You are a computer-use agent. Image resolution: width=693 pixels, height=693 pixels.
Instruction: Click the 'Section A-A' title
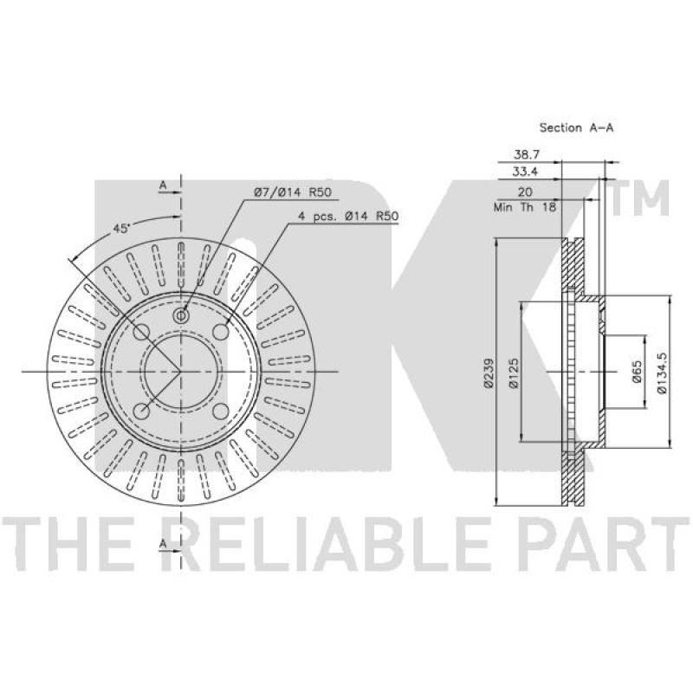click(x=576, y=127)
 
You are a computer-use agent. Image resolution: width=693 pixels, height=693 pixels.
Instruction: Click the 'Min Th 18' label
click(x=523, y=207)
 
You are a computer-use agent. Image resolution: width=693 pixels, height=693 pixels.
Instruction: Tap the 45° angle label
click(x=121, y=228)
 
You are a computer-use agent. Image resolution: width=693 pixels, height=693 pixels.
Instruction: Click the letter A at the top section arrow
click(x=162, y=185)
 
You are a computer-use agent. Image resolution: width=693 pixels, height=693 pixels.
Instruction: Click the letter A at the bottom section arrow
click(x=162, y=543)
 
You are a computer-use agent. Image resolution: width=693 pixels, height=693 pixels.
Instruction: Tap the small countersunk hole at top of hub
click(x=181, y=316)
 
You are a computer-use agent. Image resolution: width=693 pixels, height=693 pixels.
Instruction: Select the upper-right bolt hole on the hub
click(x=220, y=333)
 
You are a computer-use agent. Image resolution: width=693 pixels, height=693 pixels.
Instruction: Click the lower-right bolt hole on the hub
click(x=220, y=411)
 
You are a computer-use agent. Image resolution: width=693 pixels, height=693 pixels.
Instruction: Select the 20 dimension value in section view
click(x=524, y=191)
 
